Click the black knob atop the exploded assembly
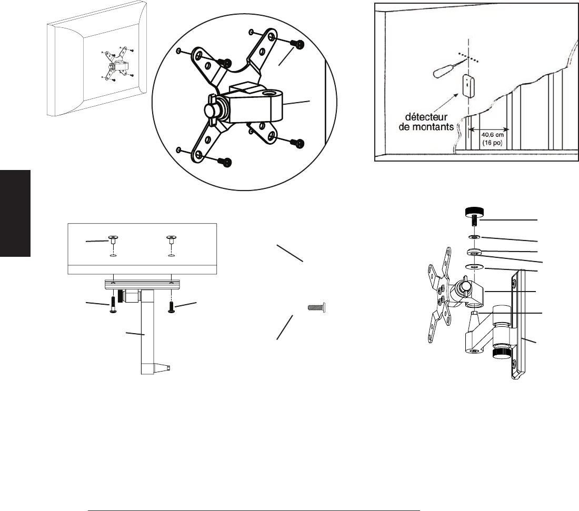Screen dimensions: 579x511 pos(475,212)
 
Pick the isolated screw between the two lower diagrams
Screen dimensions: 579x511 pos(316,307)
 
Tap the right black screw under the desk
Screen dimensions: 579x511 pos(171,306)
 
